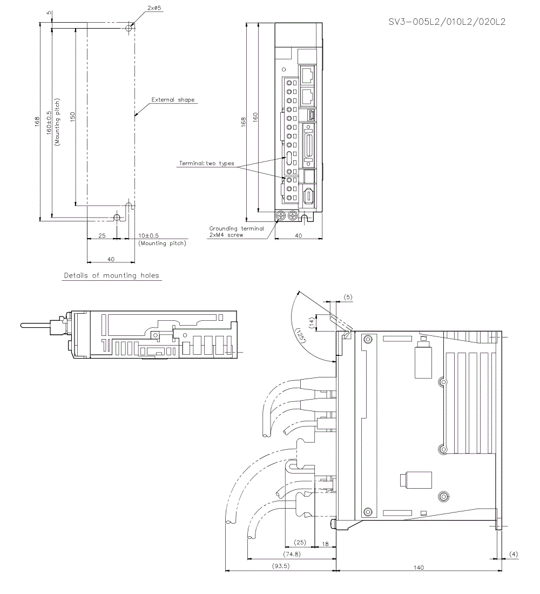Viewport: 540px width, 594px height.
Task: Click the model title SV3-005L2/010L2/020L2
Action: point(447,22)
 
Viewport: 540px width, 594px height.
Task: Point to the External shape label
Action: point(172,100)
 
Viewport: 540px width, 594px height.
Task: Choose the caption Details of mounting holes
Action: point(112,275)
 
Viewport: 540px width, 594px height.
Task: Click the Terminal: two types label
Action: point(207,163)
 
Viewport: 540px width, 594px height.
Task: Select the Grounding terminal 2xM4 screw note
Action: point(235,232)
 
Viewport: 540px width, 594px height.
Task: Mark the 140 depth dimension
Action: point(418,567)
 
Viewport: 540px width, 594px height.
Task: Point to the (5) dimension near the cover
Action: point(347,297)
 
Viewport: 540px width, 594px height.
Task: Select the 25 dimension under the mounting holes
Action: point(102,236)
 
